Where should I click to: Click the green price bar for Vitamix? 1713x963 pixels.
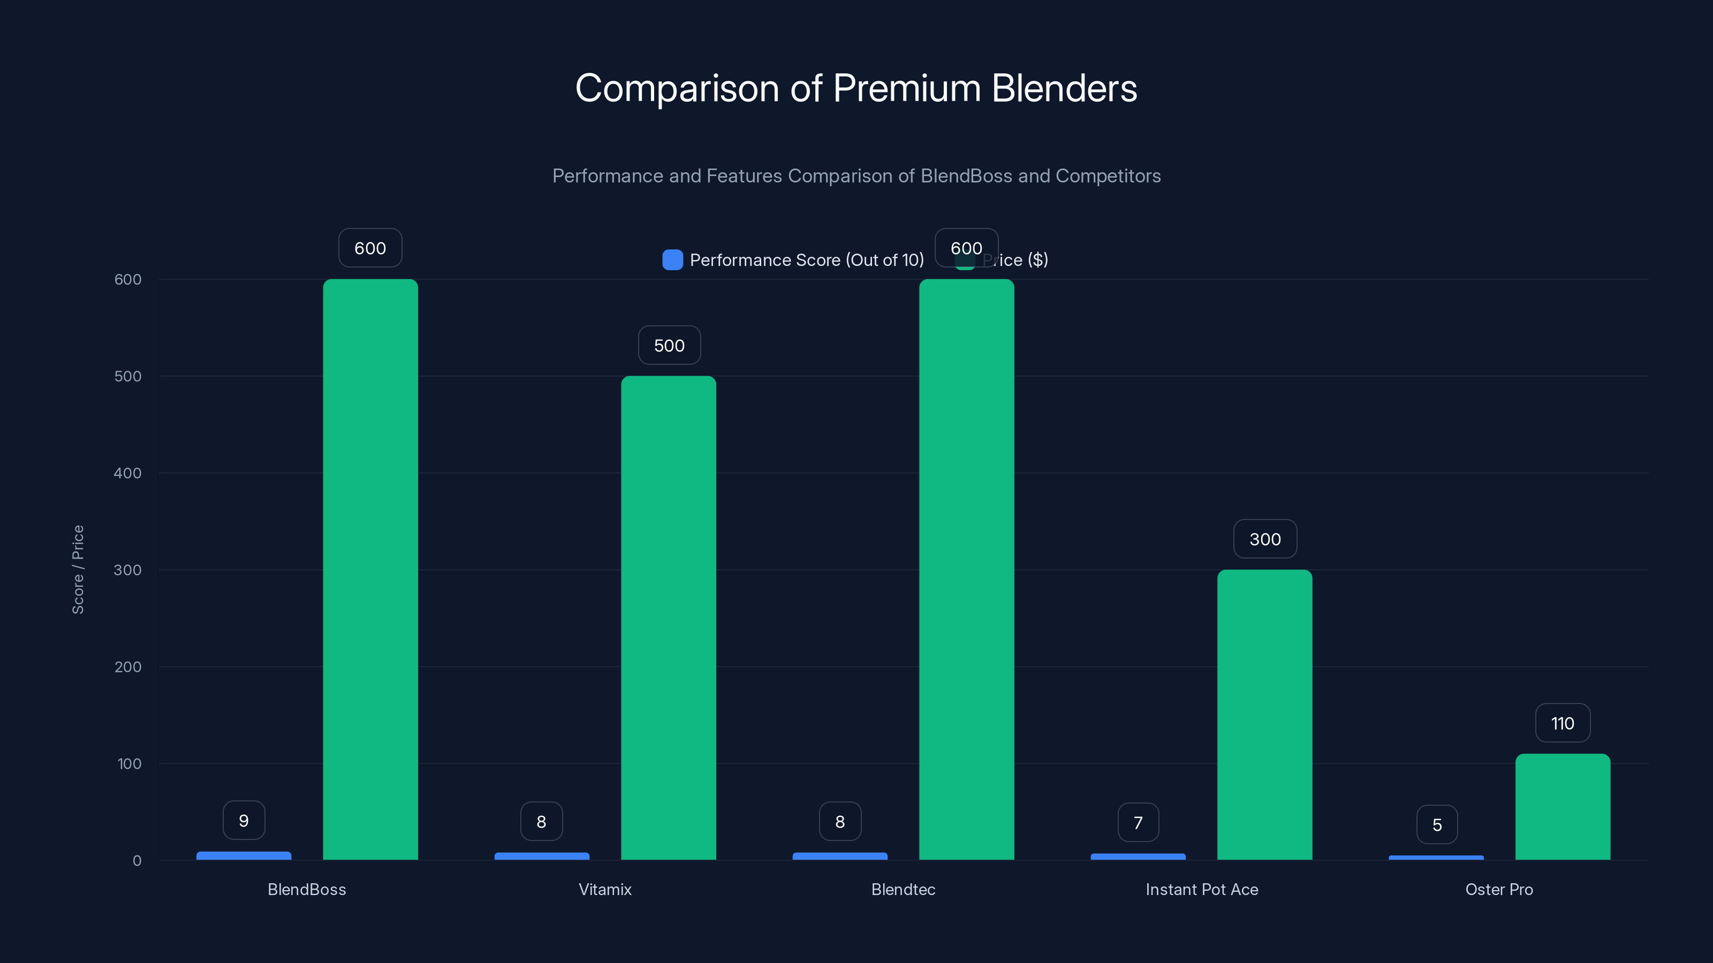[668, 618]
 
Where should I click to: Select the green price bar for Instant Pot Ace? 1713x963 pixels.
[1264, 714]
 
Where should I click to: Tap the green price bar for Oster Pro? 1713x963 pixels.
[1563, 807]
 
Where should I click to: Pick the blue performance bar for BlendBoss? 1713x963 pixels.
[244, 856]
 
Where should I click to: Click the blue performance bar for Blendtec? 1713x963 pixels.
[840, 857]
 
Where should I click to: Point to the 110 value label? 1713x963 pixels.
[1563, 723]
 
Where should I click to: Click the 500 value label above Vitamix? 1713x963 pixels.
[669, 346]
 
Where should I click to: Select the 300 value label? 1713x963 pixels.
[1265, 539]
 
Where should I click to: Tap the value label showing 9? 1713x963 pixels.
[244, 821]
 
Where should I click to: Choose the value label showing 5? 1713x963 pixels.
[1437, 825]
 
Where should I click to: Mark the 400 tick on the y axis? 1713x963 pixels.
[128, 473]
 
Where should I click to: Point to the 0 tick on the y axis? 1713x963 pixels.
[137, 861]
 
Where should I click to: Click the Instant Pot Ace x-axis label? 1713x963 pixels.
[1202, 889]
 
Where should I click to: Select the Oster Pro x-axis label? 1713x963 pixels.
[1499, 889]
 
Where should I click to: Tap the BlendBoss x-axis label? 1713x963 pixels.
[307, 889]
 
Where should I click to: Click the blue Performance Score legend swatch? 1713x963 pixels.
[672, 260]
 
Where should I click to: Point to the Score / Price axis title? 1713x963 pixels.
[78, 570]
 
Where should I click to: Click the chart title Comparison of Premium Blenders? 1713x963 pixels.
[856, 88]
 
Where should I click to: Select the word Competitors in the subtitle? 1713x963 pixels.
[1108, 176]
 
